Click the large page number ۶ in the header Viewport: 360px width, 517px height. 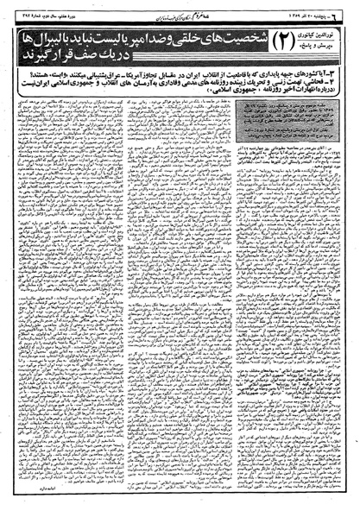point(350,8)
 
